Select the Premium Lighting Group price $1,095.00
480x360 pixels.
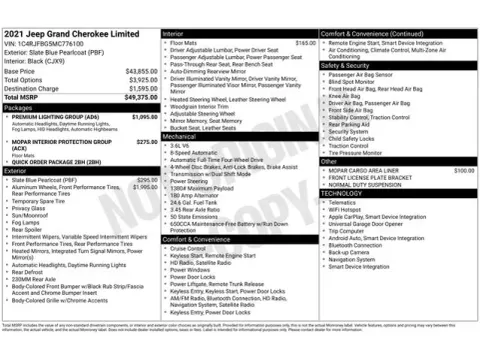click(x=144, y=117)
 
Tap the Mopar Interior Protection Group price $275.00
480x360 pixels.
click(x=146, y=142)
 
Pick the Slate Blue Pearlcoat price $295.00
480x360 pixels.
click(x=146, y=180)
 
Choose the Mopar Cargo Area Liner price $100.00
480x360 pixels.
click(x=463, y=170)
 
